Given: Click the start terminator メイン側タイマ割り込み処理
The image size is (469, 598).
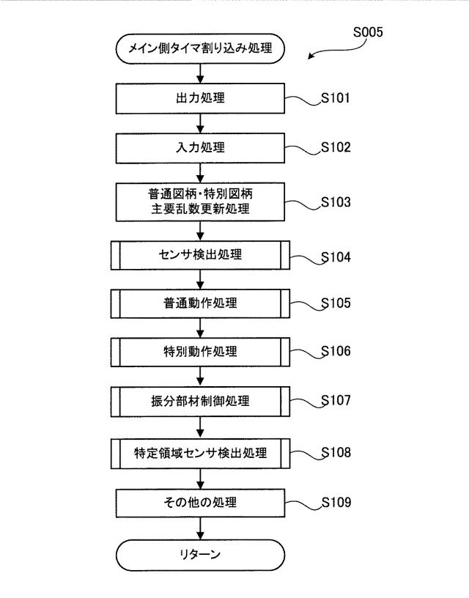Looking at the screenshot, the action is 200,48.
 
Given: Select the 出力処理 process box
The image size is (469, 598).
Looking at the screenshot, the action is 200,98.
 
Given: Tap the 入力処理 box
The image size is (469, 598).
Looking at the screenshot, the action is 200,148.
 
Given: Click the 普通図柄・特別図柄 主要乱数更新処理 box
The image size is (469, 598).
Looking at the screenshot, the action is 200,202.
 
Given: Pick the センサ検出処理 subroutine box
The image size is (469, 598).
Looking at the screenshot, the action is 200,255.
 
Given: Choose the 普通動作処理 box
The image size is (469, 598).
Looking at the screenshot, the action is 200,303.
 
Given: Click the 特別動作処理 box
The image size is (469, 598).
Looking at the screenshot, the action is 200,352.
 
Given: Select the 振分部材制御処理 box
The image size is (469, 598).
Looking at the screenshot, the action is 200,401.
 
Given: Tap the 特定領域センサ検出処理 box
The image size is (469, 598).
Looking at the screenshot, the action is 200,454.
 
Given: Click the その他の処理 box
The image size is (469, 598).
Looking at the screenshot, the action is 200,503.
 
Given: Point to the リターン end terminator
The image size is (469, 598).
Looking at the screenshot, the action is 200,555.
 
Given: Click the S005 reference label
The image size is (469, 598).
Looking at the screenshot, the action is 368,32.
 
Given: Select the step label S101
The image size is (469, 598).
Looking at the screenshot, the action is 336,98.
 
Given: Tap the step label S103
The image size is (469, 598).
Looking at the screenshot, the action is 336,202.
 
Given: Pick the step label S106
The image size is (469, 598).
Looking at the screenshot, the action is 336,351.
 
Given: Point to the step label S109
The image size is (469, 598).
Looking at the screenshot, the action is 336,502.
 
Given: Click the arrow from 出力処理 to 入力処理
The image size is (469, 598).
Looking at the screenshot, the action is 200,123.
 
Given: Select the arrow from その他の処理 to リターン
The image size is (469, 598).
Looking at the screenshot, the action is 200,528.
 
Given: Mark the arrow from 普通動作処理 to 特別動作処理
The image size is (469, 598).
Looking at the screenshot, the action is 200,328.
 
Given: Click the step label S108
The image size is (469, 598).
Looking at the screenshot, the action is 336,452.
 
